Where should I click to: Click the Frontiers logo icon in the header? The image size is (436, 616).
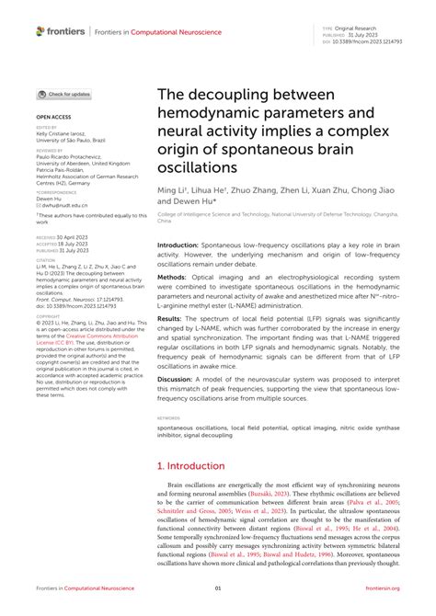coord(40,31)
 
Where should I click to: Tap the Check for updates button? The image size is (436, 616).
coord(63,95)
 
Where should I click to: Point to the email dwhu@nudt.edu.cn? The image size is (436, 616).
coord(63,206)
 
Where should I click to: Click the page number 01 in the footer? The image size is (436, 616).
coord(218,589)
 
